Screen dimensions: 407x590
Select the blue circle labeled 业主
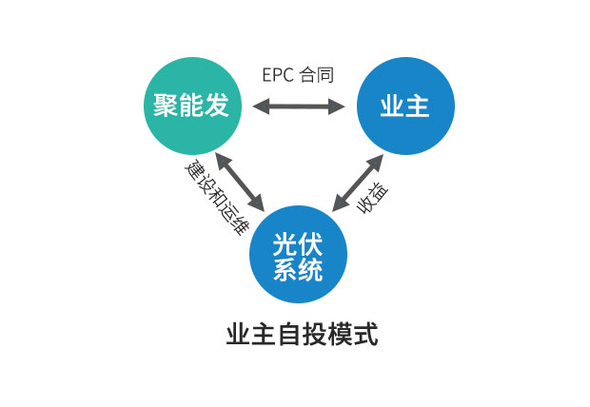coord(405,107)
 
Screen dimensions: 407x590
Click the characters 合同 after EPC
coord(318,75)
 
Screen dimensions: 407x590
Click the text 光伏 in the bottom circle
coord(298,242)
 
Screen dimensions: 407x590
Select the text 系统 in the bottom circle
coord(298,269)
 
